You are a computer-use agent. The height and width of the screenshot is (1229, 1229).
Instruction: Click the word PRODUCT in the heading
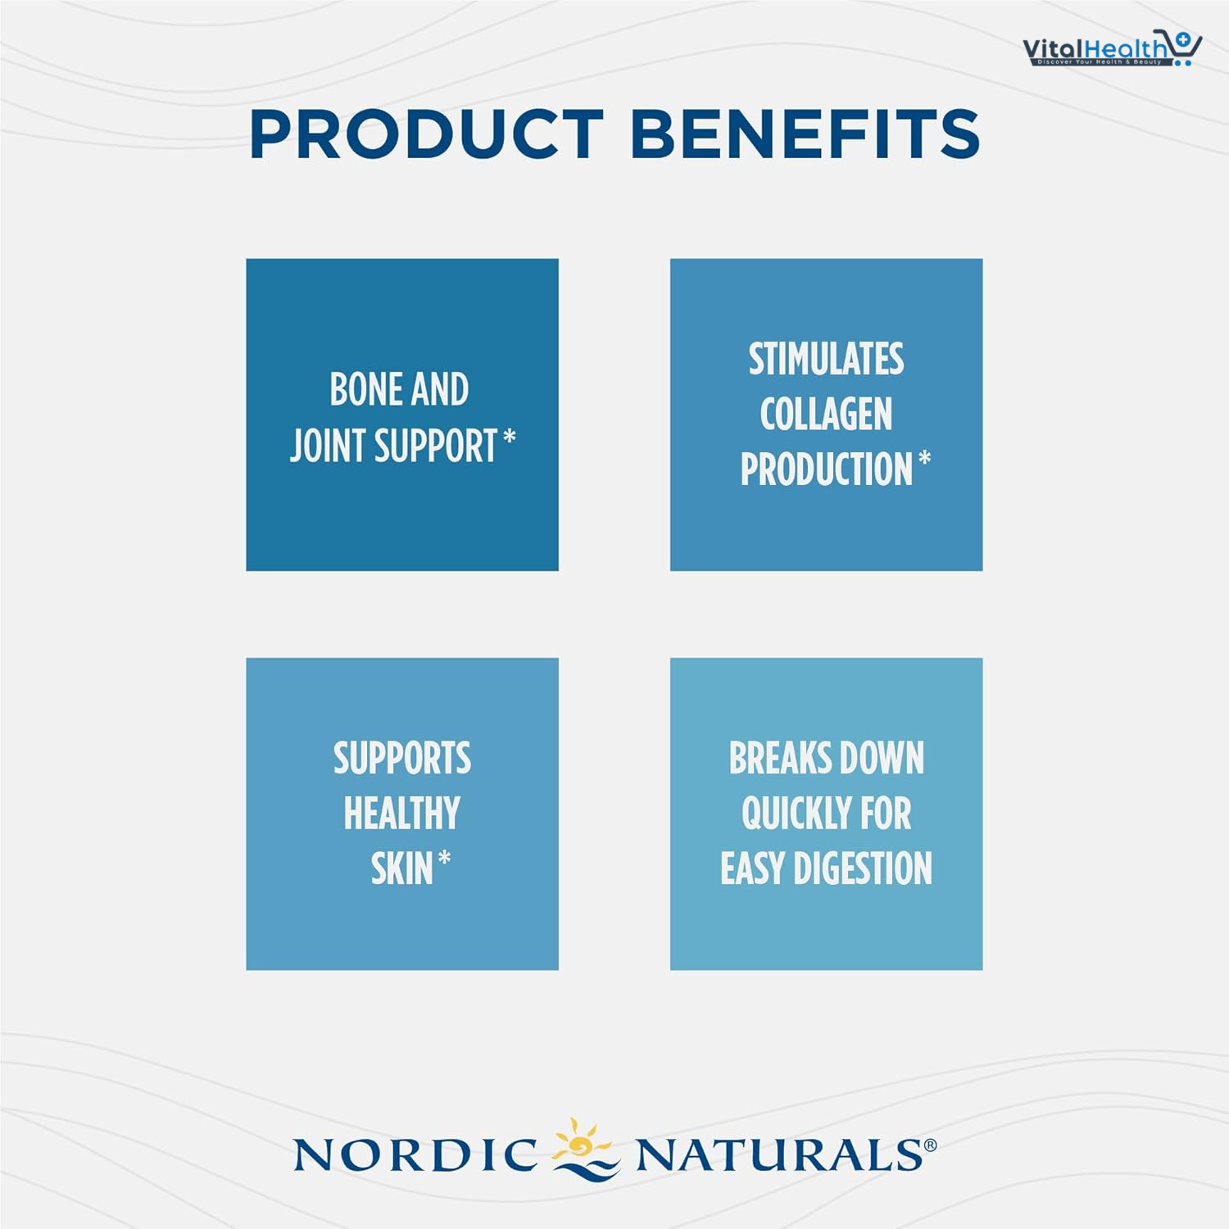[427, 134]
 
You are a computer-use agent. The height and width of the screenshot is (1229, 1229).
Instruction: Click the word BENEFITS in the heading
[805, 134]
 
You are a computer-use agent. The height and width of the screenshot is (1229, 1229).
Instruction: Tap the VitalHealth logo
[1112, 49]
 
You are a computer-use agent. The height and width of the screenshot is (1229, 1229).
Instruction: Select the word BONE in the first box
[365, 389]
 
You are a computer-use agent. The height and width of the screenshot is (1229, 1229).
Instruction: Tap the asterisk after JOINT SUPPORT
[510, 437]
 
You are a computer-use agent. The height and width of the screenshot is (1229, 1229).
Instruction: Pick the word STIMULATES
[826, 359]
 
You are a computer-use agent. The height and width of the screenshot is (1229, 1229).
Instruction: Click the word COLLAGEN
[826, 414]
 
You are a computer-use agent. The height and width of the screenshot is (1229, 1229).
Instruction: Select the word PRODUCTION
[826, 469]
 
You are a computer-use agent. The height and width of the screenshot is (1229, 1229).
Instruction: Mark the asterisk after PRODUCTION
[924, 459]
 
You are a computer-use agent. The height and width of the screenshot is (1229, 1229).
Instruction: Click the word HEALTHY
[402, 814]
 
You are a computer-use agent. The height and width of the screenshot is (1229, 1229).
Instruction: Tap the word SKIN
[401, 868]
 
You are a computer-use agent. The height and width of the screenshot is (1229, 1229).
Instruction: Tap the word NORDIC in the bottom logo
[415, 1155]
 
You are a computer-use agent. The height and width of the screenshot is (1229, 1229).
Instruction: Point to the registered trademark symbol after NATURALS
[930, 1145]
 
